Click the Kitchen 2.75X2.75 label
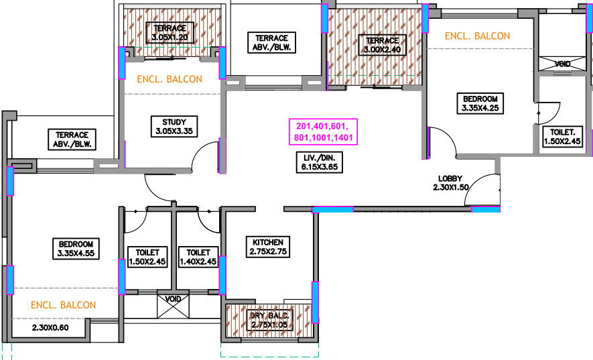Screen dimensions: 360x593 [x=268, y=247]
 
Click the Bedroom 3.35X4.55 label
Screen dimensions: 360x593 [x=75, y=248]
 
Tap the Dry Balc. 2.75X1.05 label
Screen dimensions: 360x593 [x=269, y=319]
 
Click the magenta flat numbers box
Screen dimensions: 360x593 [x=322, y=131]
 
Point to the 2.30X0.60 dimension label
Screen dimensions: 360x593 [x=58, y=328]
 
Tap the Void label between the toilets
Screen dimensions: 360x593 [x=173, y=299]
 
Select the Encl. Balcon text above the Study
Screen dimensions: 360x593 [x=170, y=79]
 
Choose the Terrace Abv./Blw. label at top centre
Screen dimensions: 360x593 [x=271, y=43]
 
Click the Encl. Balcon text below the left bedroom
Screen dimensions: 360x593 [x=63, y=305]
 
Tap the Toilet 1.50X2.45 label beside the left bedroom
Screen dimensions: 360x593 [x=146, y=257]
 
